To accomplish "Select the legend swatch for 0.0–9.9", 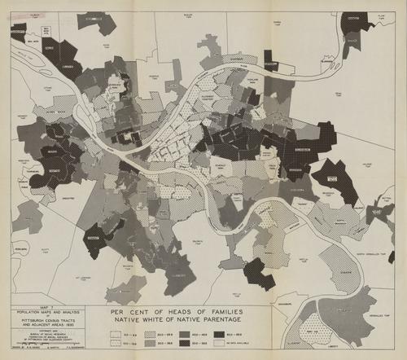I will tap(115, 332).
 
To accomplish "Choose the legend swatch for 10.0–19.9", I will tap(115, 343).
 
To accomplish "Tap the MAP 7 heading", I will tap(50, 306).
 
